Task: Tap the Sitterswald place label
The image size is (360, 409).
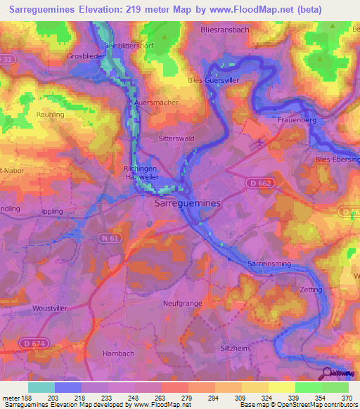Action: click(176, 139)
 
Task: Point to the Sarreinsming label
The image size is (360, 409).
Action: click(269, 263)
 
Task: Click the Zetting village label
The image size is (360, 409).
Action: click(310, 290)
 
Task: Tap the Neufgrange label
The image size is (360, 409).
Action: click(182, 303)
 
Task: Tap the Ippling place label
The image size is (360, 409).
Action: click(52, 211)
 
